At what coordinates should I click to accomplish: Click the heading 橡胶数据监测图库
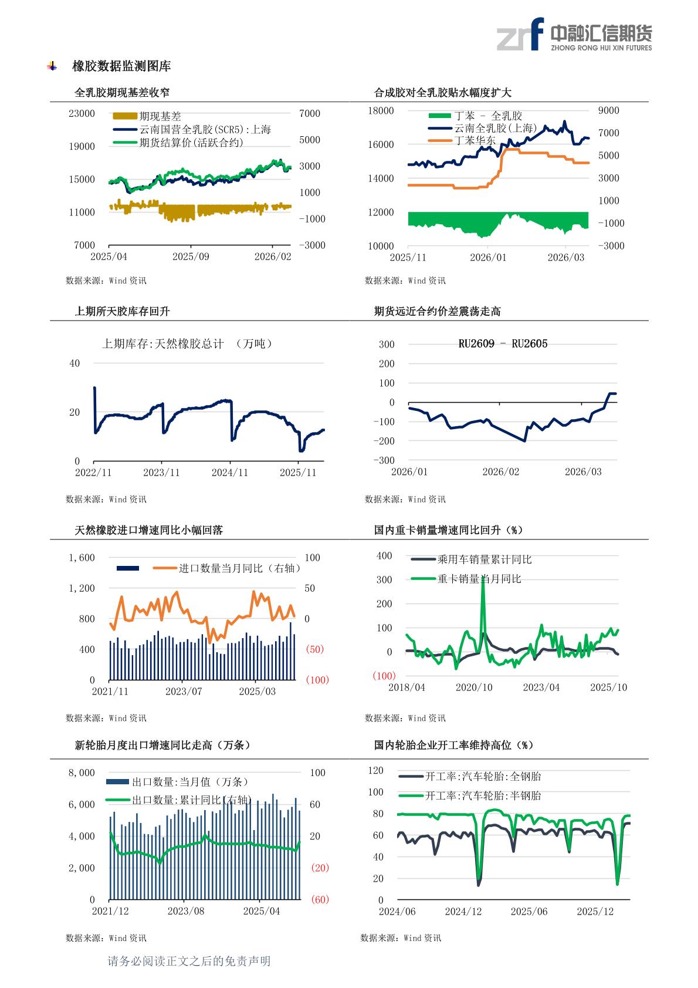[121, 66]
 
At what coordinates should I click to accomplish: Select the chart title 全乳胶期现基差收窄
[122, 93]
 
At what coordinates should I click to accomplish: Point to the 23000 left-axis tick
[82, 114]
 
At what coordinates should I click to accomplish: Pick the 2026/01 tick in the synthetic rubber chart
[488, 258]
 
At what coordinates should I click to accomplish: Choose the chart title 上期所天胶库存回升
[122, 312]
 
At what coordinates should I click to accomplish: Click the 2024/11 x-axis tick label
[230, 473]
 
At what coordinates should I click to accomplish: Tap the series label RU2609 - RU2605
[503, 344]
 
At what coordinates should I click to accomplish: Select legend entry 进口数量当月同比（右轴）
[239, 568]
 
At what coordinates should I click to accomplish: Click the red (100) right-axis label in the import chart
[317, 680]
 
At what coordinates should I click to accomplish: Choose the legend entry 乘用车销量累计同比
[484, 560]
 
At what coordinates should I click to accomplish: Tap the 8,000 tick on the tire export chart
[82, 773]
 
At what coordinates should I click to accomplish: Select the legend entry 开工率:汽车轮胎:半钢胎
[483, 796]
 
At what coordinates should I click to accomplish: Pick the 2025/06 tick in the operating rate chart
[529, 912]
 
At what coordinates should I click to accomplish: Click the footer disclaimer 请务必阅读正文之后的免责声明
[189, 961]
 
